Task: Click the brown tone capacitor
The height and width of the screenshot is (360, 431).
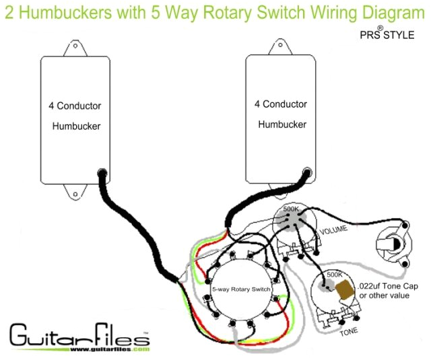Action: pyautogui.click(x=344, y=290)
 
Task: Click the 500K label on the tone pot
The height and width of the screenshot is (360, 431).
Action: pyautogui.click(x=334, y=275)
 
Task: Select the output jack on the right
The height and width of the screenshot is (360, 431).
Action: pyautogui.click(x=393, y=246)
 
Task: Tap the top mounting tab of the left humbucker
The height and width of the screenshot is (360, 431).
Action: pyautogui.click(x=75, y=48)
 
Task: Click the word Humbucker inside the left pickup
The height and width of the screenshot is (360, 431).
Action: pyautogui.click(x=76, y=126)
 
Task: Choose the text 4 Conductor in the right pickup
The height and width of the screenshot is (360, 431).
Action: pyautogui.click(x=281, y=104)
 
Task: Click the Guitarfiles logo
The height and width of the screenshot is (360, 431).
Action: pyautogui.click(x=78, y=334)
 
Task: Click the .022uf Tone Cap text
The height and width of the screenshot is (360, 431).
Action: pyautogui.click(x=389, y=286)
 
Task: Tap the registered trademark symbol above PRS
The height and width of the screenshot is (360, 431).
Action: pyautogui.click(x=380, y=28)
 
